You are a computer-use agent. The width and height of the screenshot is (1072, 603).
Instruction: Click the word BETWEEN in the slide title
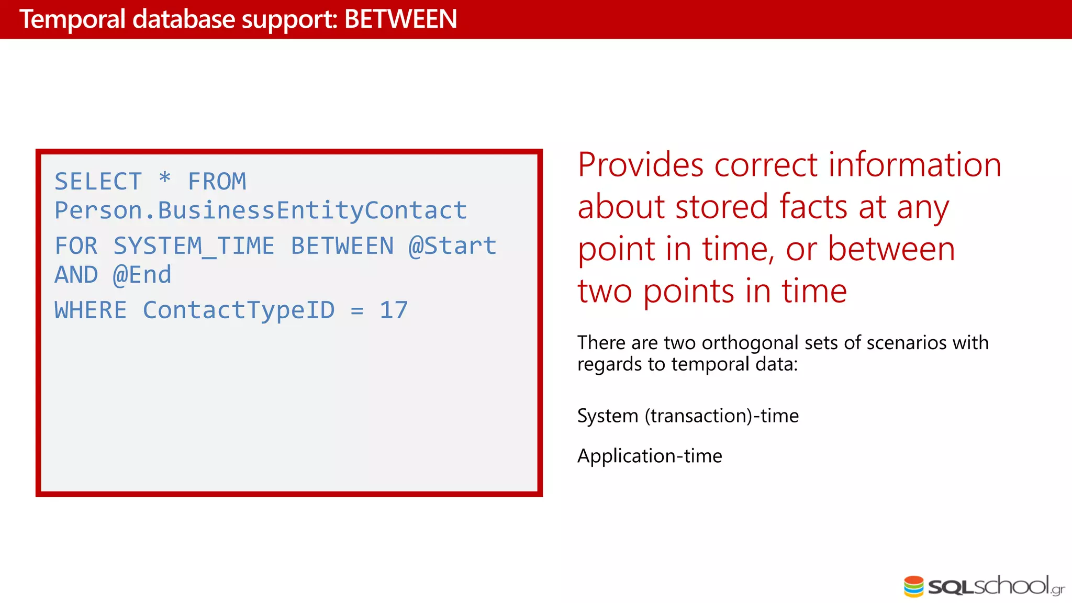[400, 19]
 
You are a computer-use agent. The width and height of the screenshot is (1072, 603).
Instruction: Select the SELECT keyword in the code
[98, 182]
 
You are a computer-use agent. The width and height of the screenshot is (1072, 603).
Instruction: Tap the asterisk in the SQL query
[165, 179]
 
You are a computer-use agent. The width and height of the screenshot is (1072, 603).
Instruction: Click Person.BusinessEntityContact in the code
[261, 210]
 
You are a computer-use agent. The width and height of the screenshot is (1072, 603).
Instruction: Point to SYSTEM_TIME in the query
[194, 246]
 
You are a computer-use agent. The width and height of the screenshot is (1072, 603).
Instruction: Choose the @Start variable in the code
[452, 246]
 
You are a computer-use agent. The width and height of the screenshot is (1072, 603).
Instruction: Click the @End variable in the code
[142, 275]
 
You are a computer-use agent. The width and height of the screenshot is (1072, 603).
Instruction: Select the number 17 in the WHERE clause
[394, 310]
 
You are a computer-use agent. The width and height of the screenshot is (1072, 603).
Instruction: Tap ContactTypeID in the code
[239, 310]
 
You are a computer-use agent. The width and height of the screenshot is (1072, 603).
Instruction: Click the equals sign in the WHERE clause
[357, 311]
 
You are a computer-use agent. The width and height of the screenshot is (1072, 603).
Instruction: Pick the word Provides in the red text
[640, 165]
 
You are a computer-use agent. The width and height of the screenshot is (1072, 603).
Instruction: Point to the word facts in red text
[813, 207]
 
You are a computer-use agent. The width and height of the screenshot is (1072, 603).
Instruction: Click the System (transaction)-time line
[688, 416]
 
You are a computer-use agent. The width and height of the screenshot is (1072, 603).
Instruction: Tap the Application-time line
[650, 456]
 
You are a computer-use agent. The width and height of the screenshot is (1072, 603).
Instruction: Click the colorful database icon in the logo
[913, 586]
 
